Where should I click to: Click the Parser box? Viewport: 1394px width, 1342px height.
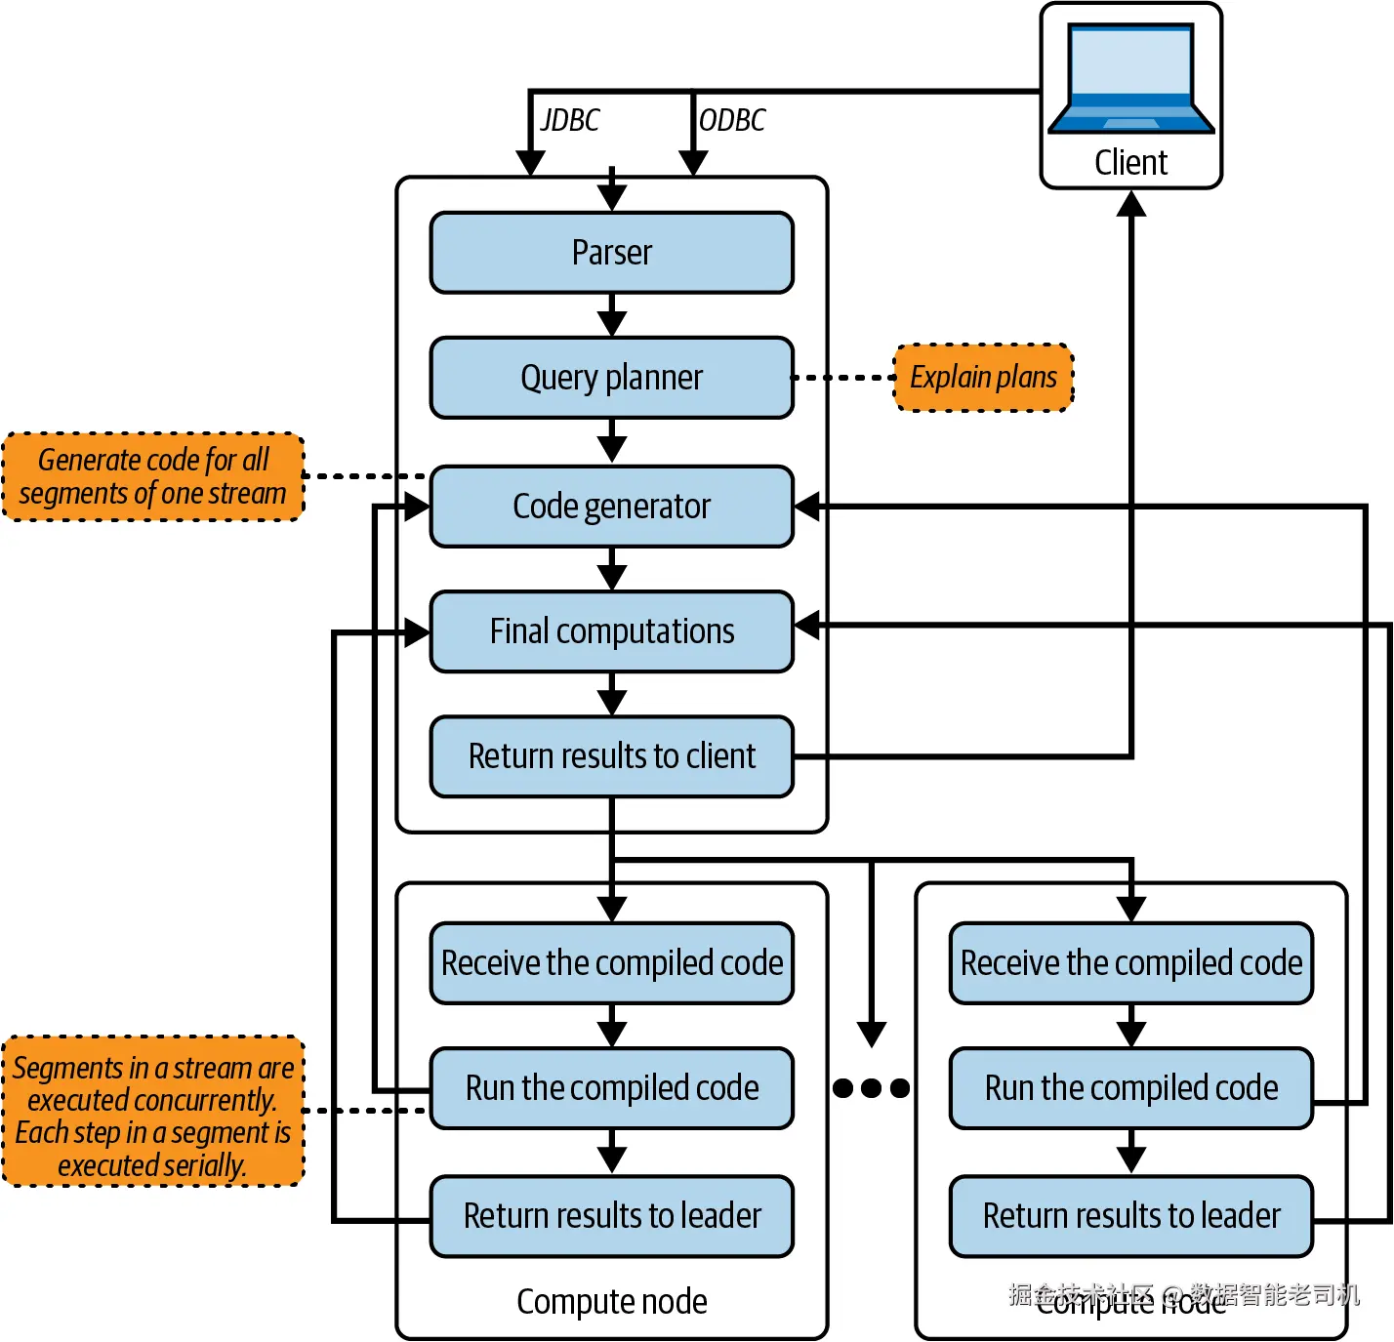click(612, 253)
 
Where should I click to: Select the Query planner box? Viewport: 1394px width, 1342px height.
click(612, 378)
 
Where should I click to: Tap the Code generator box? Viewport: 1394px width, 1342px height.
click(612, 507)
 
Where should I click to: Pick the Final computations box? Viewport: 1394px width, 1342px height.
click(612, 631)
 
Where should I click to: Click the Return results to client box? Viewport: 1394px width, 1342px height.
click(612, 756)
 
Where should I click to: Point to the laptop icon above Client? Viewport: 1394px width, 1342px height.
click(1131, 79)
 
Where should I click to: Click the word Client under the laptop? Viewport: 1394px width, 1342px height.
click(1130, 162)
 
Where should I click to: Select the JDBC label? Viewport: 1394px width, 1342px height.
click(570, 120)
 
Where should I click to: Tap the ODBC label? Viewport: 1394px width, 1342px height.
click(732, 120)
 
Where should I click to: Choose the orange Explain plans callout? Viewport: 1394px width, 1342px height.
click(984, 378)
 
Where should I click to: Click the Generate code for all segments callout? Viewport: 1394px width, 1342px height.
click(153, 477)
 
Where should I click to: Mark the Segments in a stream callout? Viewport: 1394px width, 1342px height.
click(153, 1112)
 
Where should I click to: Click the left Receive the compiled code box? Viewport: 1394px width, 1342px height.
click(612, 963)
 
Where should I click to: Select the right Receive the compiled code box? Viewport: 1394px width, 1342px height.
click(1131, 963)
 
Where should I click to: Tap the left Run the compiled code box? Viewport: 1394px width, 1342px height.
click(612, 1088)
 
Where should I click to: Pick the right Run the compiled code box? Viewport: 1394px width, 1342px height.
click(1131, 1088)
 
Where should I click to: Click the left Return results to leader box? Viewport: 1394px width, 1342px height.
click(612, 1216)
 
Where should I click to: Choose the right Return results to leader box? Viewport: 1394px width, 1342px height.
click(1131, 1216)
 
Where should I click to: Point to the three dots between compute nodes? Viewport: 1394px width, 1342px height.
click(872, 1088)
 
